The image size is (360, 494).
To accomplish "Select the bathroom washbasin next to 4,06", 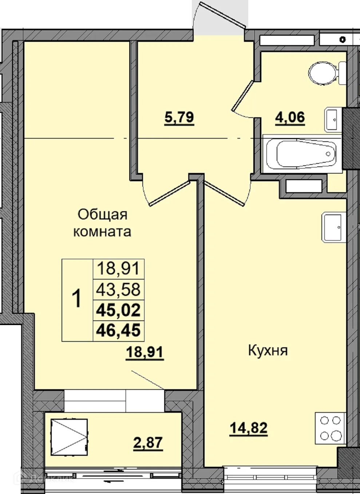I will pos(332,119).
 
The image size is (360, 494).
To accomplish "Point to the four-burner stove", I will pos(330,428).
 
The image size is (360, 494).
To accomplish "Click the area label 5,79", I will pos(179,118).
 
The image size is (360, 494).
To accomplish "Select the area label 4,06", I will pos(290,118).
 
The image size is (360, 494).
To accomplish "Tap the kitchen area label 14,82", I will pos(248,428).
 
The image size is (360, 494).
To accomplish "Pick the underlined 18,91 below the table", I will pos(145,352).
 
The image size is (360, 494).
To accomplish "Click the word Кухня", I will pos(268,351).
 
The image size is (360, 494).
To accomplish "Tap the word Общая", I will pos(102,214).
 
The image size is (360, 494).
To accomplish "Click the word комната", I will pos(102,232).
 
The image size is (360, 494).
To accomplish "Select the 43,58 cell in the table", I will pos(119,289).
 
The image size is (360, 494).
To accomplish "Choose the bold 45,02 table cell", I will pos(119,310).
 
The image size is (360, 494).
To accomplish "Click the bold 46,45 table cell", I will pos(119,331).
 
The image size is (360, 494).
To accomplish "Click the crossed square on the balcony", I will pos(69,436).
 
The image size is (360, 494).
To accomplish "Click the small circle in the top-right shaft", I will pos(342,40).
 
